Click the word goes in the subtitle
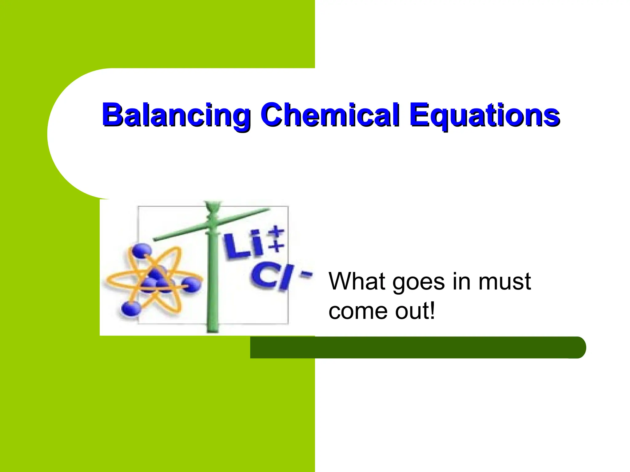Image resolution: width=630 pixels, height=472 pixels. coord(419,284)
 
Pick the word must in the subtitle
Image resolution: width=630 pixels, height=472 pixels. coord(504,282)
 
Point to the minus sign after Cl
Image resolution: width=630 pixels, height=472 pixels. coord(306,275)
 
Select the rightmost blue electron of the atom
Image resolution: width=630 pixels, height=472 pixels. coord(191,285)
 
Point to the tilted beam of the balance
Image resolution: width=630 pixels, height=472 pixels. coord(212,224)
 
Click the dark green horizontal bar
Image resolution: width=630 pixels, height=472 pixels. coord(418,347)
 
